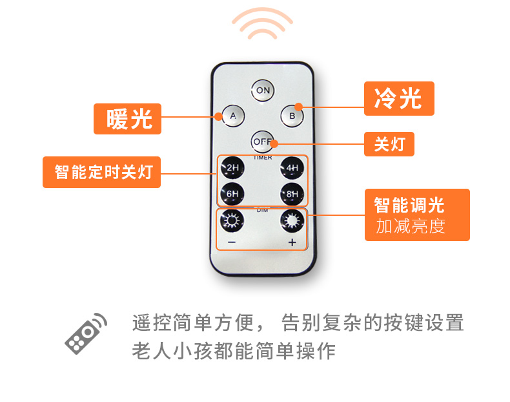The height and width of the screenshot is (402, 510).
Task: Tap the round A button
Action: point(233,116)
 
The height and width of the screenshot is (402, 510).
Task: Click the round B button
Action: point(292,116)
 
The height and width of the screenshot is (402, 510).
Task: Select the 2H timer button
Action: point(232,167)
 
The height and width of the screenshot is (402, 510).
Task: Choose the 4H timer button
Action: point(292,167)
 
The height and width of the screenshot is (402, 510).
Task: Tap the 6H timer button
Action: point(232,194)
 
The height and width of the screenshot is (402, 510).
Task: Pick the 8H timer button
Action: point(292,194)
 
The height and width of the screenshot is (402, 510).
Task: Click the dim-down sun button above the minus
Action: point(232,220)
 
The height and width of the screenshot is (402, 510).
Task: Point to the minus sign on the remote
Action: point(232,242)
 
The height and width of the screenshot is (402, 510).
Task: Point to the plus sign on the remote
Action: point(292,242)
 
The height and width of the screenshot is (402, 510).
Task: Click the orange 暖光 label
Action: point(128,119)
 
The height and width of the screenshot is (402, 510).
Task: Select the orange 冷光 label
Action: point(399,98)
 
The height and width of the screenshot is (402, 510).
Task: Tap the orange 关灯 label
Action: point(389,144)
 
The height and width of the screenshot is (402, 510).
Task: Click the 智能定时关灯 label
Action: point(101,172)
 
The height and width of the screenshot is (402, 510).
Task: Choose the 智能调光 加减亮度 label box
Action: point(417,215)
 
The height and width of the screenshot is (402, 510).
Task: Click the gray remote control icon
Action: point(86,333)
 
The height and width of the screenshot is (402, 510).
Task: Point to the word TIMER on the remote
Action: point(263,158)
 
